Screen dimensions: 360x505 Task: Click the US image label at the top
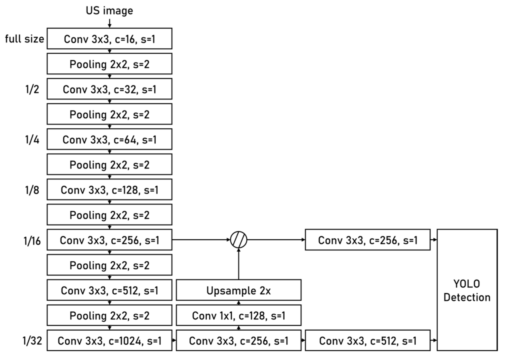click(x=109, y=11)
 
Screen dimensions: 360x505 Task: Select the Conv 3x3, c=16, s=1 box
click(x=109, y=39)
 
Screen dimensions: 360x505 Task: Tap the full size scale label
click(x=25, y=39)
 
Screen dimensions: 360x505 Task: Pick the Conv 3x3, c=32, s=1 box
click(x=109, y=89)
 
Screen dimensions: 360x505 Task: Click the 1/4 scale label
click(x=32, y=139)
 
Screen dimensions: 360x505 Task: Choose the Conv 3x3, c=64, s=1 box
click(x=109, y=139)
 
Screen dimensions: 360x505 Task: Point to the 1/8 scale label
click(x=32, y=190)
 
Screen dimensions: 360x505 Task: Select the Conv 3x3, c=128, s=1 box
click(x=109, y=190)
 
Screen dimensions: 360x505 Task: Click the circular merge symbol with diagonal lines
click(x=239, y=240)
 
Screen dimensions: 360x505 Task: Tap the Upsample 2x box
click(x=238, y=290)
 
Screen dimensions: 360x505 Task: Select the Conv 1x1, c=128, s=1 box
click(x=238, y=315)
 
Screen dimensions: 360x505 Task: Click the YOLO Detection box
click(x=467, y=290)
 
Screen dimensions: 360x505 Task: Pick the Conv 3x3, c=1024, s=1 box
click(x=109, y=340)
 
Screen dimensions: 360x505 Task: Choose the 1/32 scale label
click(x=32, y=340)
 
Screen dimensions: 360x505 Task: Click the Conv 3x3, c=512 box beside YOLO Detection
click(x=367, y=340)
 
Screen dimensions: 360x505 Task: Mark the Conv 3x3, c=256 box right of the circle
click(x=367, y=240)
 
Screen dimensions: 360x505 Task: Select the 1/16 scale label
click(x=32, y=241)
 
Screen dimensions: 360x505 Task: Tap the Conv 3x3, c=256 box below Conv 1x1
click(x=238, y=340)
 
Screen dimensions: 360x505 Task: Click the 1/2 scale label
click(x=32, y=89)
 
